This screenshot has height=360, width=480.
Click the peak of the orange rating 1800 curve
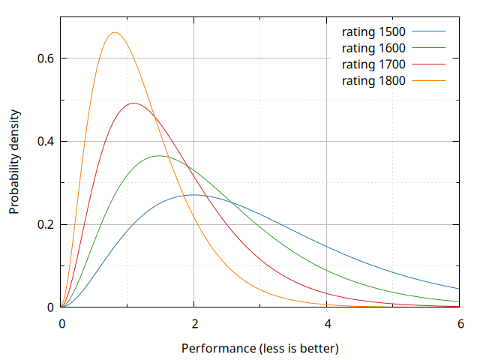pyautogui.click(x=115, y=32)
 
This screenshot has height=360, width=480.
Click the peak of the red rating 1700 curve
pyautogui.click(x=133, y=103)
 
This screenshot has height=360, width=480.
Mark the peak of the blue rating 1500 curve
pyautogui.click(x=193, y=195)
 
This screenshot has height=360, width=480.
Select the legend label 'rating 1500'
pyautogui.click(x=373, y=32)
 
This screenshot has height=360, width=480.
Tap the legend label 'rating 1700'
pyautogui.click(x=373, y=64)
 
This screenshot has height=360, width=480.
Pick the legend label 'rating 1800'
pyautogui.click(x=373, y=80)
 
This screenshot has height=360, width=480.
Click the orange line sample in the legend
pyautogui.click(x=429, y=80)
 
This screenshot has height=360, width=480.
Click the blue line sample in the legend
pyautogui.click(x=429, y=32)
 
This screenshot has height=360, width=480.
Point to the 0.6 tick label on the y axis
pyautogui.click(x=46, y=58)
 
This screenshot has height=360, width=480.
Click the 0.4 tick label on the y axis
pyautogui.click(x=46, y=142)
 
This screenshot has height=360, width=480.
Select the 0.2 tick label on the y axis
pyautogui.click(x=46, y=224)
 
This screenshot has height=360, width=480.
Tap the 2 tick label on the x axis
pyautogui.click(x=194, y=324)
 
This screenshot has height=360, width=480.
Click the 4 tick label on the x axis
pyautogui.click(x=327, y=324)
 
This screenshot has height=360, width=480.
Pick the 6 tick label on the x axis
pyautogui.click(x=460, y=324)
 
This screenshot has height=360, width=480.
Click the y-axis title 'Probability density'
pyautogui.click(x=14, y=162)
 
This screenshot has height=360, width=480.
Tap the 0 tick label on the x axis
pyautogui.click(x=61, y=324)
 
